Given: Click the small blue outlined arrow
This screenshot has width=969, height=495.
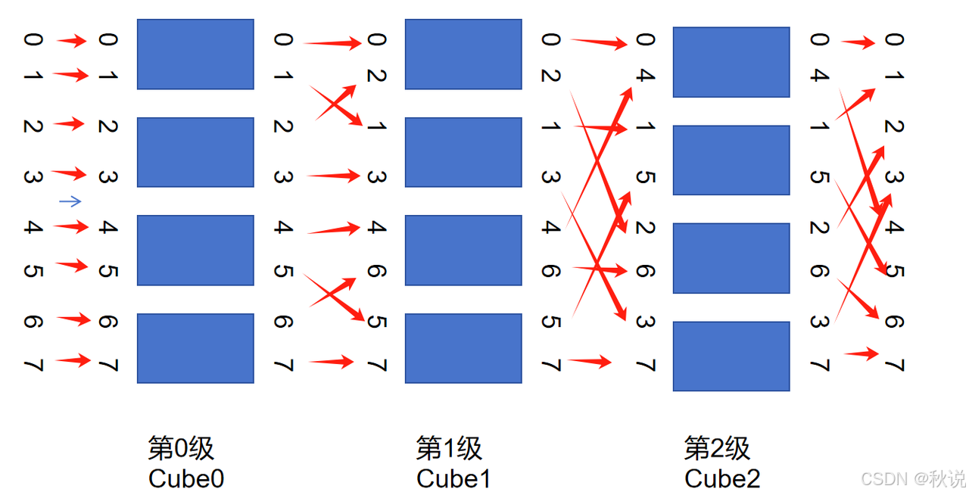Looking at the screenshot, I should pos(70,201).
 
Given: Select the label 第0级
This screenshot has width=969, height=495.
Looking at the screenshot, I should pos(181,449).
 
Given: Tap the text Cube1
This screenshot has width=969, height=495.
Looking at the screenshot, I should pos(453,478).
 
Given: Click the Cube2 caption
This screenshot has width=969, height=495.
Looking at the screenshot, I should pos(722,478).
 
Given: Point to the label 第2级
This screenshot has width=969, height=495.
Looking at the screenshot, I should pos(717,449).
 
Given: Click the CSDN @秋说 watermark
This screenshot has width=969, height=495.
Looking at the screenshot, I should pos(913,479).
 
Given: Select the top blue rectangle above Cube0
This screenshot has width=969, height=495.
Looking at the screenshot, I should pos(195,54).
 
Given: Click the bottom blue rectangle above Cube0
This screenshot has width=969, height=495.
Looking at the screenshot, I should pos(195,348).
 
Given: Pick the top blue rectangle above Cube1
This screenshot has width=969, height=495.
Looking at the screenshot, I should pos(463,54).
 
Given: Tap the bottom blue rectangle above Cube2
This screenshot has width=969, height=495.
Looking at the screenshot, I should pos(731,356).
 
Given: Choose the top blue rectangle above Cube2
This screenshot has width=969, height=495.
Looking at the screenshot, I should pos(731,62).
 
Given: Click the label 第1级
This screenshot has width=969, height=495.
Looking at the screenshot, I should pos(449,449).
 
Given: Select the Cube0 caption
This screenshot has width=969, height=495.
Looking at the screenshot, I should pos(186,478).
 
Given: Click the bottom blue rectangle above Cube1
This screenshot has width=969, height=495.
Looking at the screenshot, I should pos(463,348).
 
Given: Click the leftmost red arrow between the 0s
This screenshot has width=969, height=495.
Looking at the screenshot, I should pos(73,41).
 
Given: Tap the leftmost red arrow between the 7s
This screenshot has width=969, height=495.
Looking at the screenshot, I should pos(73,361).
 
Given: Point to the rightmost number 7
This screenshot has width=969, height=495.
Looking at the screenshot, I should pos(894,366).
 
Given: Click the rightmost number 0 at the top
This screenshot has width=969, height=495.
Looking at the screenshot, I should pos(894,39).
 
